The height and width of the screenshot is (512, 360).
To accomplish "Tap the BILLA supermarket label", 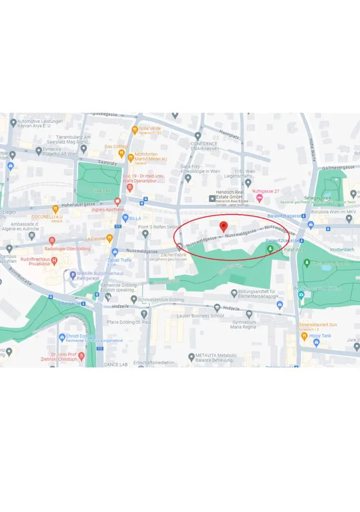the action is tap(135, 219).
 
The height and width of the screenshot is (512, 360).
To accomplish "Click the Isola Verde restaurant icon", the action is tap(135, 129).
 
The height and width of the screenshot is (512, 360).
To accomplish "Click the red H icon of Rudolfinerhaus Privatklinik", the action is tap(54, 260).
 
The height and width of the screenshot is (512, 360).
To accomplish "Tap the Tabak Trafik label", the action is tap(119, 260).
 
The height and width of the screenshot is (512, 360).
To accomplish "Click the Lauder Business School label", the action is tap(200, 316).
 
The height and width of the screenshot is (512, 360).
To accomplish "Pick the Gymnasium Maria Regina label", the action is tap(243, 325).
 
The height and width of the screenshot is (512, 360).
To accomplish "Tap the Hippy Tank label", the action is tap(321, 336).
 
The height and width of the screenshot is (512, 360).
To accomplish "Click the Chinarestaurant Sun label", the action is tap(317, 325).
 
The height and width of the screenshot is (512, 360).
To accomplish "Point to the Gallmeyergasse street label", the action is tap(339, 168).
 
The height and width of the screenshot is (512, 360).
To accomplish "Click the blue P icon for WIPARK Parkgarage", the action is tap(72, 274).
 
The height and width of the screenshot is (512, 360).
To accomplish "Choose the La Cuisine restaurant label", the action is tap(95, 238).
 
